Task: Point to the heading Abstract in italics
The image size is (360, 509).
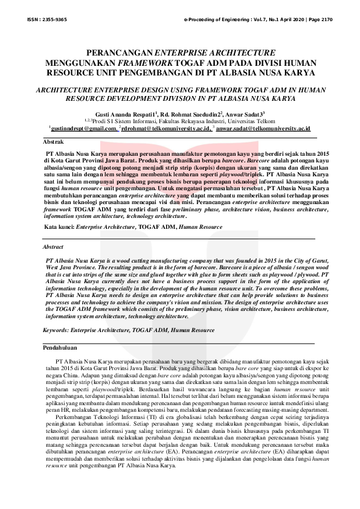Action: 53,248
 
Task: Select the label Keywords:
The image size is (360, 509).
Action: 56,330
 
